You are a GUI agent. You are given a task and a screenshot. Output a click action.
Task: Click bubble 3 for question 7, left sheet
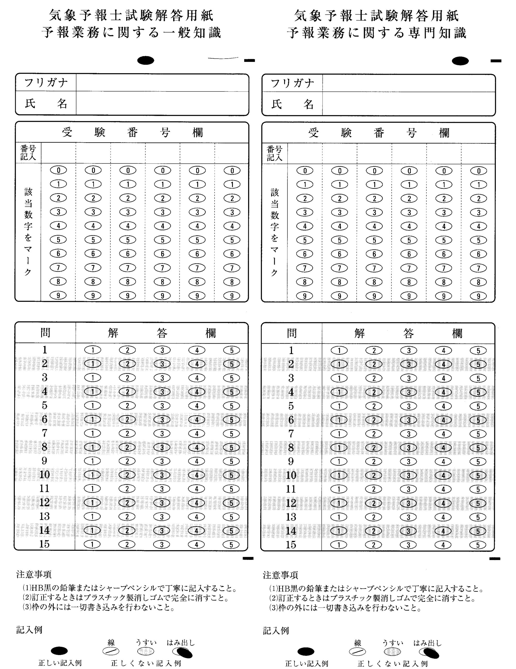[x=162, y=434]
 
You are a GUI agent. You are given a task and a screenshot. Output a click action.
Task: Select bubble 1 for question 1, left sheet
[x=93, y=350]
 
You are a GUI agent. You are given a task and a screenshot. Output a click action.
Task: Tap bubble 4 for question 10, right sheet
[x=443, y=475]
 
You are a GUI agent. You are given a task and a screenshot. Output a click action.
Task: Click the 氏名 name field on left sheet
[x=162, y=103]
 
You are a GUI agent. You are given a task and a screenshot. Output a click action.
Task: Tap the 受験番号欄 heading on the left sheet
[x=132, y=132]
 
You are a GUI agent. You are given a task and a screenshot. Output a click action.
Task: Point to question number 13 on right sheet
[x=291, y=517]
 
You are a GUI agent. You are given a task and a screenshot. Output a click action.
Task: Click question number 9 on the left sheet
[x=44, y=461]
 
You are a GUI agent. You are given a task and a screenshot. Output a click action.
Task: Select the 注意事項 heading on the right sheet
[x=281, y=575]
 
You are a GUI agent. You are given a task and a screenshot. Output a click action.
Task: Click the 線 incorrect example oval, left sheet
[x=111, y=651]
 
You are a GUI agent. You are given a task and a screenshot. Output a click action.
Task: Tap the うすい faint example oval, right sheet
[x=392, y=651]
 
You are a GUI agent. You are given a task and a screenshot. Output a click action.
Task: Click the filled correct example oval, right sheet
[x=306, y=651]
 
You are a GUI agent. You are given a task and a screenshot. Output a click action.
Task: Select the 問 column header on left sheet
[x=45, y=333]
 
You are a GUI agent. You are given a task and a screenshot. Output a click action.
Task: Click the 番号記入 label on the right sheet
[x=274, y=153]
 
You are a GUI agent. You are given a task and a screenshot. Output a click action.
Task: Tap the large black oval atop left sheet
[x=146, y=60]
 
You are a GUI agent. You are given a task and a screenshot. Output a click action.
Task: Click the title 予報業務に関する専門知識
[x=377, y=33]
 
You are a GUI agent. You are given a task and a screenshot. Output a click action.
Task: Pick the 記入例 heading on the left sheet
[x=29, y=630]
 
